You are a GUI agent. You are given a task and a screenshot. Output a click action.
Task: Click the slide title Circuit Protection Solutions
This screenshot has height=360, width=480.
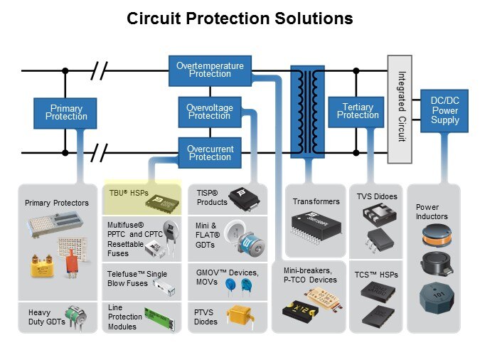(240, 18)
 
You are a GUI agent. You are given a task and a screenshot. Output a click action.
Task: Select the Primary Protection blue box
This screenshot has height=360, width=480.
(65, 112)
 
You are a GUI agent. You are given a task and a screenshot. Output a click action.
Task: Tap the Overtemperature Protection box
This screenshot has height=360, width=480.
(210, 70)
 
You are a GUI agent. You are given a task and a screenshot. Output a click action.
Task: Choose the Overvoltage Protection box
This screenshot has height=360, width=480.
(209, 112)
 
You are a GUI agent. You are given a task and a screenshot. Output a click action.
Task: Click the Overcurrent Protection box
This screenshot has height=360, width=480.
(210, 152)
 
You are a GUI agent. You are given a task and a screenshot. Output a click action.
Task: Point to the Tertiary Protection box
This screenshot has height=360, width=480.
(358, 112)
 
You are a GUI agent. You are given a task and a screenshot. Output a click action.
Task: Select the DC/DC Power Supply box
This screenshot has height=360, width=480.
(444, 111)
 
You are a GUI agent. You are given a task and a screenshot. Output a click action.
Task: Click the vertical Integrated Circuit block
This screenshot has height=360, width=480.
(400, 99)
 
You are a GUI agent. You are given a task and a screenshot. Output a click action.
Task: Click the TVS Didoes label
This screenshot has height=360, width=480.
(376, 196)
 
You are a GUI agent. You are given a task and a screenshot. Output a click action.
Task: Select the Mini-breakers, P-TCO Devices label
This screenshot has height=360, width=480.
(309, 275)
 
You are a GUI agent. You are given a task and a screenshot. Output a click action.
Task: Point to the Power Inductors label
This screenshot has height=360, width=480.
(432, 212)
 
